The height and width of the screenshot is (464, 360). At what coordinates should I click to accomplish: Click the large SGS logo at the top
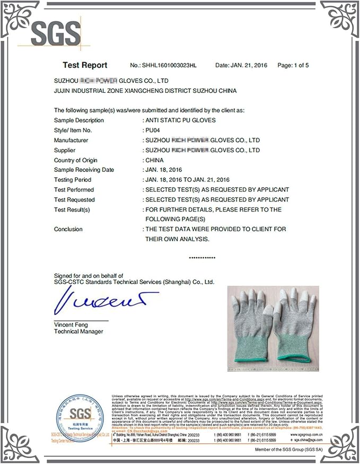coord(55,34)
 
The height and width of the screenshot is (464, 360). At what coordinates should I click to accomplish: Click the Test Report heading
coord(85,65)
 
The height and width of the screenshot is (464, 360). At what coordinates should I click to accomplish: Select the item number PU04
coord(154,130)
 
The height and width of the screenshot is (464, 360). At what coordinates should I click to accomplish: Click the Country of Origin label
coord(75,160)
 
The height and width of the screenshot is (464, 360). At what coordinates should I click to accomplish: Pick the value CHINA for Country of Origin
coord(154,160)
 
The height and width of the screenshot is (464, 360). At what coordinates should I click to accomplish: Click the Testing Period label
coord(72,180)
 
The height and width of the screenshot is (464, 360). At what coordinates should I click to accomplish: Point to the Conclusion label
coord(68,229)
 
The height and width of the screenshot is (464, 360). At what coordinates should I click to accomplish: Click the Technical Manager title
coord(78,331)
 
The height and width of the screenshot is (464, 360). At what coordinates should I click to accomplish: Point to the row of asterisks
coord(202,258)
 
